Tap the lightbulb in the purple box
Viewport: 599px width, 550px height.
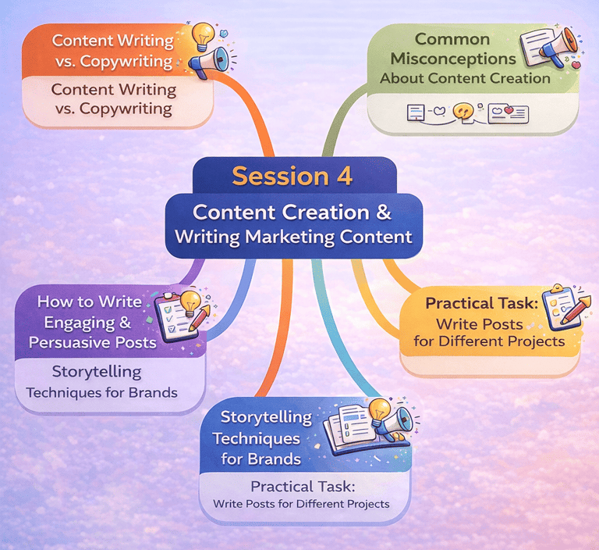[x=190, y=301]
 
